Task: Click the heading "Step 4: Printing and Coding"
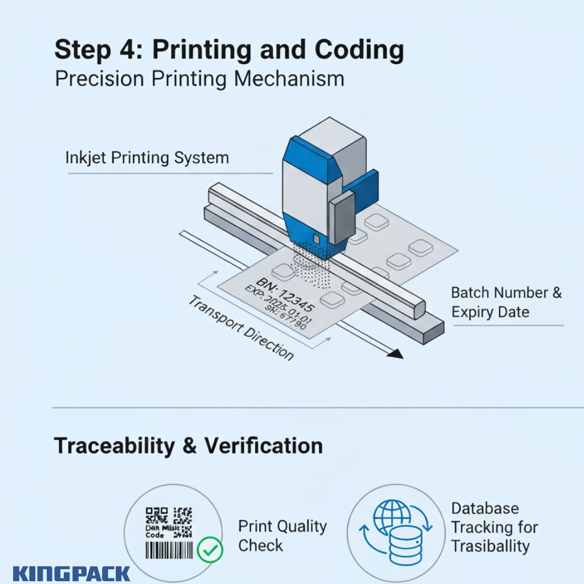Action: tap(229, 51)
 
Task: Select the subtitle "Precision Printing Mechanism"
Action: tap(199, 79)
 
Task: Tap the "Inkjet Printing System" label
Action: tap(147, 157)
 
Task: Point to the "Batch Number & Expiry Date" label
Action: tap(506, 302)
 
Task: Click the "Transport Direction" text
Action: tap(241, 328)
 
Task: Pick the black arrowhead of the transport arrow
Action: tap(394, 354)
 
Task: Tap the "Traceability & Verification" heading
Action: tap(188, 445)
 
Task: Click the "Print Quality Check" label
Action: tap(282, 536)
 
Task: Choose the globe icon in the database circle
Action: tap(392, 517)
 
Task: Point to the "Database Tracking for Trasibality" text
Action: tap(494, 527)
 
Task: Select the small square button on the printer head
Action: tap(315, 237)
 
